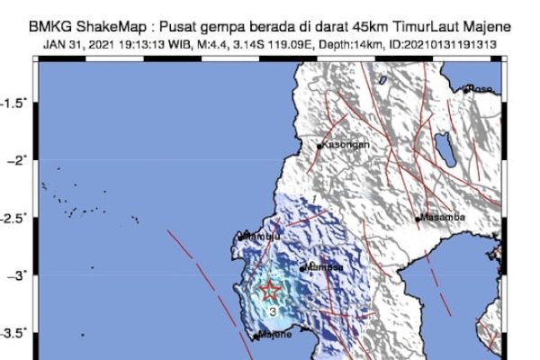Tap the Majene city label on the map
275,335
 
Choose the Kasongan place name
343,145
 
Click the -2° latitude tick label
18,159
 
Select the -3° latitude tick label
18,274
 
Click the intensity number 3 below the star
272,311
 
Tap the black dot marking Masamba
418,219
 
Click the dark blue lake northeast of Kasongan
443,146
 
